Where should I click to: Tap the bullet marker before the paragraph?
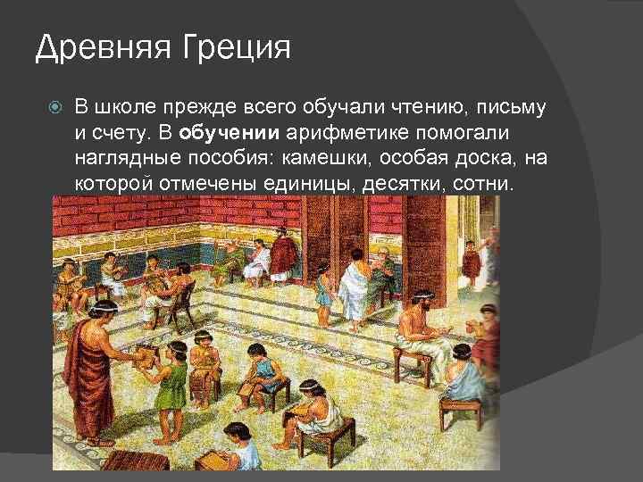(x=55, y=109)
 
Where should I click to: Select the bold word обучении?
(x=230, y=134)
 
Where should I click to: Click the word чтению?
(x=422, y=108)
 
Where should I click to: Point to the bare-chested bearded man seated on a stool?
(x=420, y=330)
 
